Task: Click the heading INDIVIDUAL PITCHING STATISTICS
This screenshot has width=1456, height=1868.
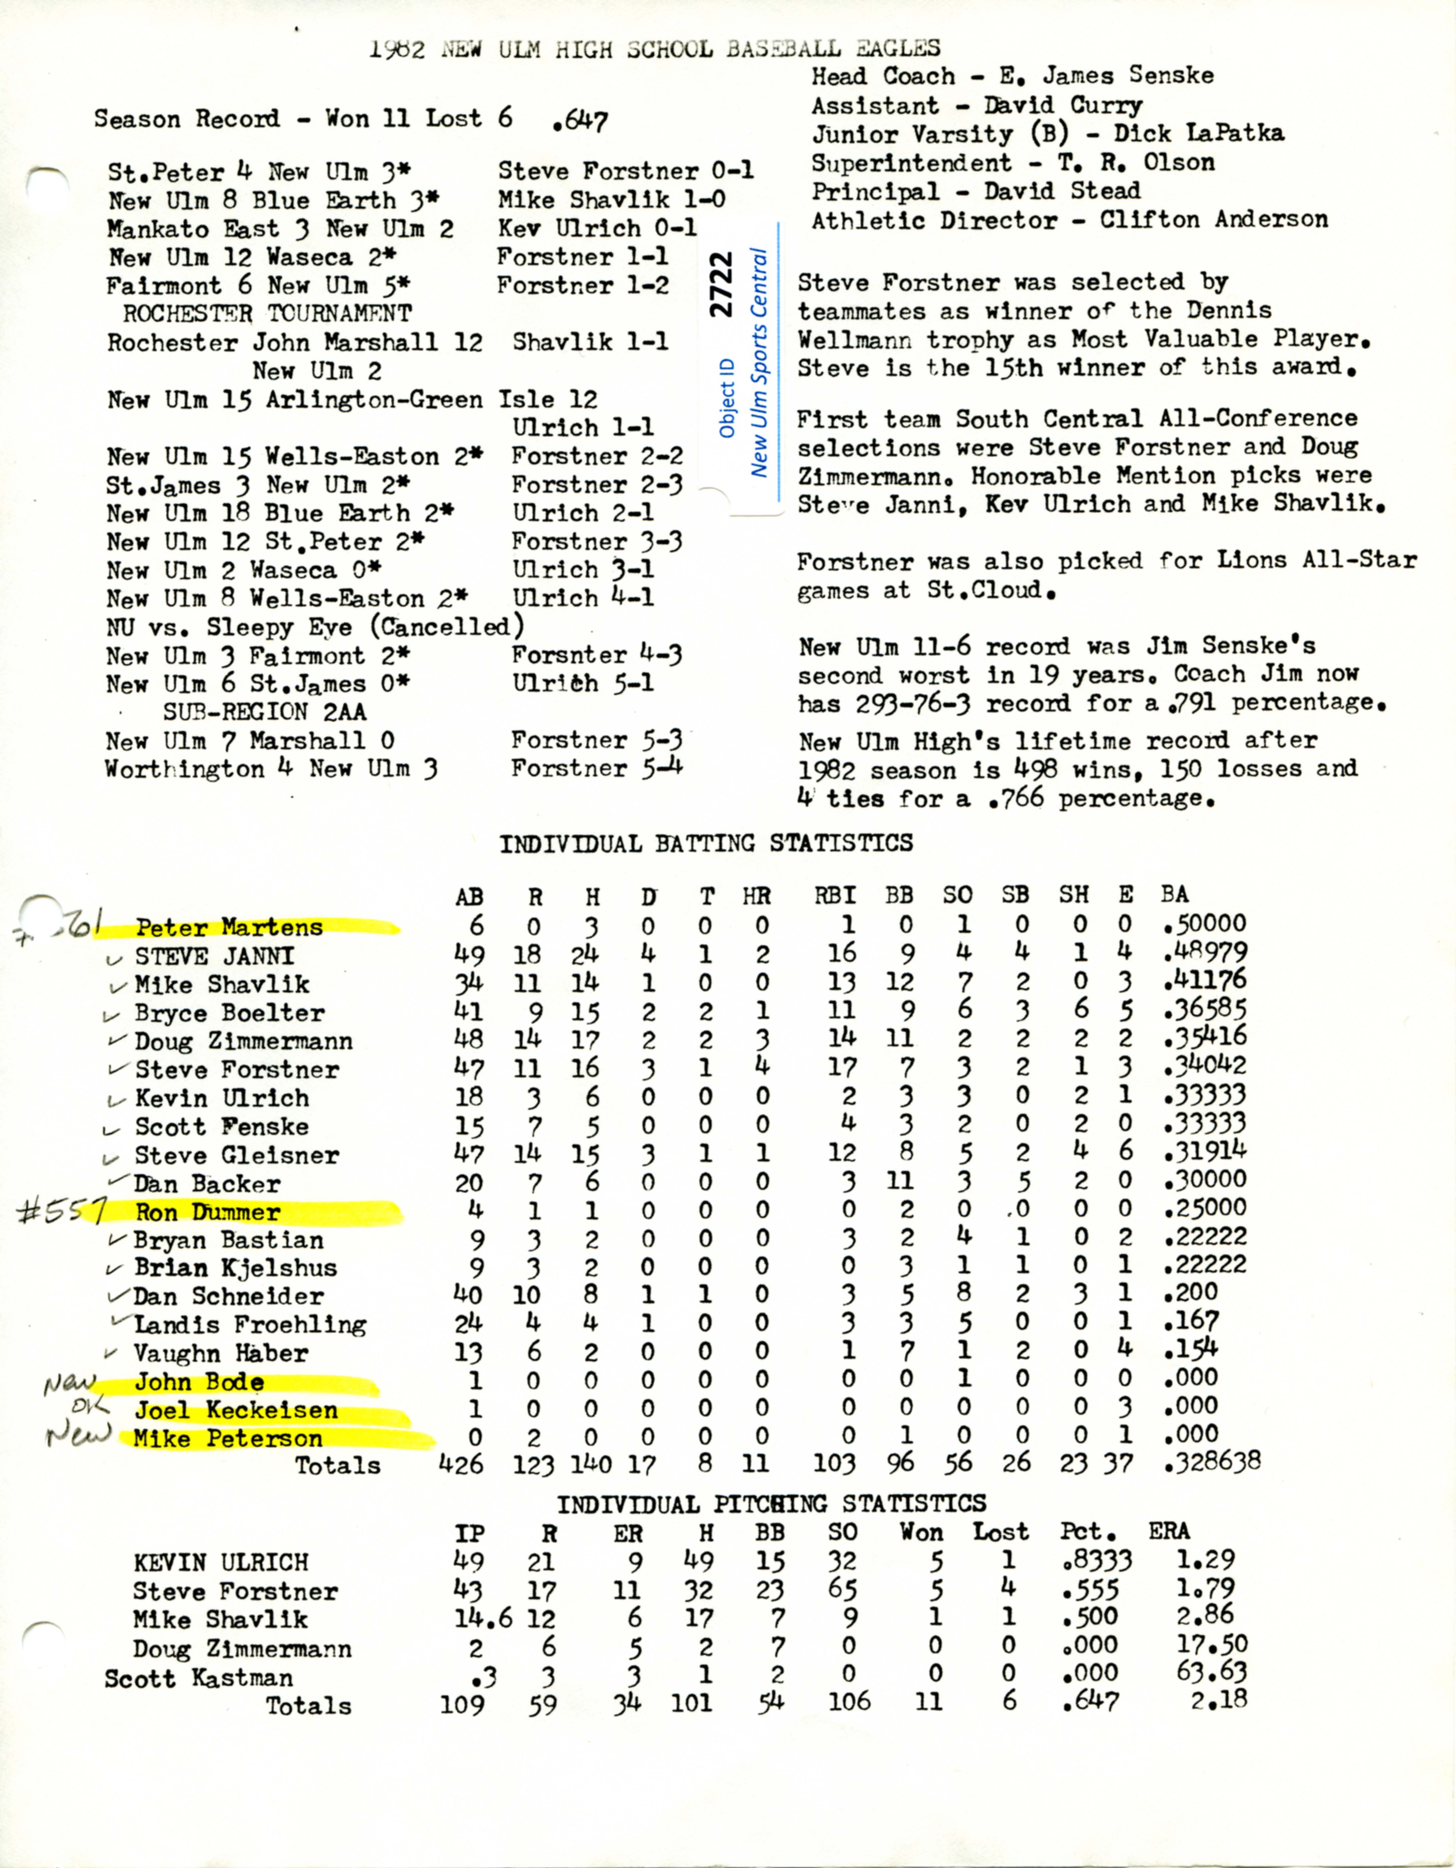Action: coord(772,1503)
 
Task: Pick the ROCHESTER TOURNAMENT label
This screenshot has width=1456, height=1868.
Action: coord(267,314)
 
